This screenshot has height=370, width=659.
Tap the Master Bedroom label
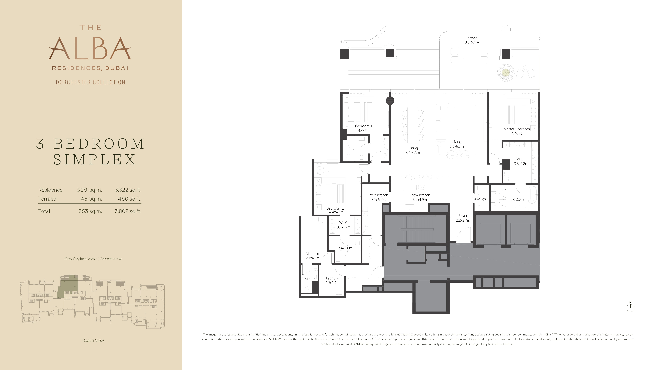click(x=517, y=129)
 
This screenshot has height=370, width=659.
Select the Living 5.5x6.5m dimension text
click(x=457, y=146)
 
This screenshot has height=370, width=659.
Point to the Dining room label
click(x=413, y=148)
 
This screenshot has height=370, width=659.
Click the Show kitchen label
click(x=420, y=195)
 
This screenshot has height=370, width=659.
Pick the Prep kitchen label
click(x=378, y=195)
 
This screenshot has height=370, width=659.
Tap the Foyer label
click(x=463, y=216)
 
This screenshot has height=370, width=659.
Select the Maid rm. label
click(x=313, y=254)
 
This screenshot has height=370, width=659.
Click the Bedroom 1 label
click(x=363, y=126)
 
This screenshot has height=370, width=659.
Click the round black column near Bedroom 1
click(x=390, y=101)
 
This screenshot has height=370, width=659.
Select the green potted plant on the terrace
click(x=505, y=73)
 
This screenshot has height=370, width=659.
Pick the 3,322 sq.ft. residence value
click(x=128, y=190)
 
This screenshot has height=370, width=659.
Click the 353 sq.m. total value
click(x=90, y=211)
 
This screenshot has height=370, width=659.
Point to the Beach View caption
click(x=93, y=340)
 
